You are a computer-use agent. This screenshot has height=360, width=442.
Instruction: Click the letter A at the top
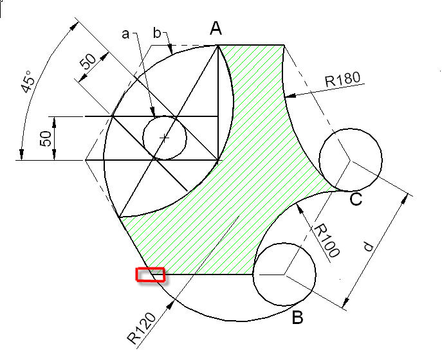tap(216, 28)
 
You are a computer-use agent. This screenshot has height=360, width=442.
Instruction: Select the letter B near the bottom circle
tap(298, 318)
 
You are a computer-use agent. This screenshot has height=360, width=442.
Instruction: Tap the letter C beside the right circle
tap(356, 200)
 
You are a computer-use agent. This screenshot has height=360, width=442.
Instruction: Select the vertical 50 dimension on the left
tap(45, 138)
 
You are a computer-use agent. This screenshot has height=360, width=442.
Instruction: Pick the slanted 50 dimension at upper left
tap(87, 62)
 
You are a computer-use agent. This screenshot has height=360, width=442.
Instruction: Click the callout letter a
tap(126, 33)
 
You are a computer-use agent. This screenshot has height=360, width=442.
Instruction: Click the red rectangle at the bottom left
tap(150, 275)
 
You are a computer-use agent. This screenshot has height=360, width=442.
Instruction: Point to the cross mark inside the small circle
tap(165, 138)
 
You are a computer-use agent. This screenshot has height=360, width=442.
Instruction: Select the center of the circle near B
tap(284, 274)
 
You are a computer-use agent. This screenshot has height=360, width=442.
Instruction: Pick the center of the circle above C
tap(351, 158)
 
